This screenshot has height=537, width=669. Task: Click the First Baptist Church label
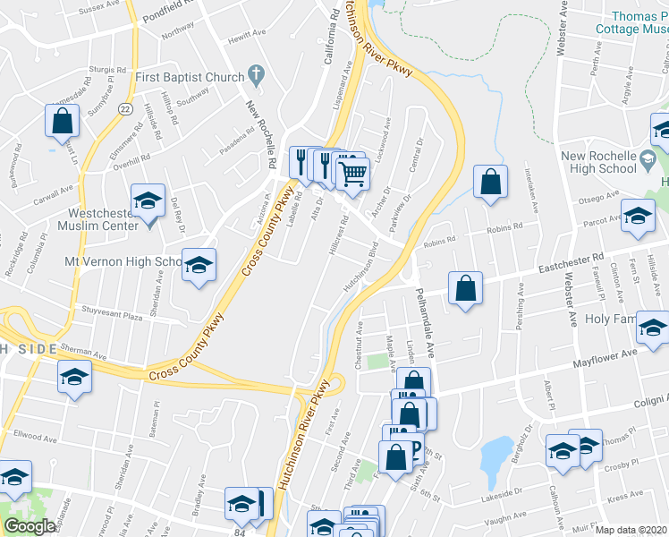(x=190, y=78)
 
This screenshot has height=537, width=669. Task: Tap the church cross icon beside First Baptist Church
(x=256, y=76)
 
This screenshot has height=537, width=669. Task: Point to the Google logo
(x=29, y=526)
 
